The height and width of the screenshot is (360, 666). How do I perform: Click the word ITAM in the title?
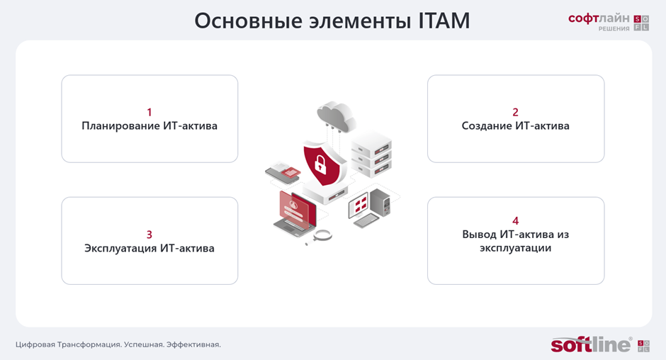coord(444,21)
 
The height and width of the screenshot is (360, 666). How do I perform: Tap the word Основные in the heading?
coord(249,21)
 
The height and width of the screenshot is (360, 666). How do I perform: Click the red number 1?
coord(149,112)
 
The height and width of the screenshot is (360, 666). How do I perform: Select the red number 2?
coord(515,112)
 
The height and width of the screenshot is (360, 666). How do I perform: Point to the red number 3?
coord(149,235)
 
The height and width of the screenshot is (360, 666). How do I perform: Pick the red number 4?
coord(515,220)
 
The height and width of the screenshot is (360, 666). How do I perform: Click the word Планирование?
coord(120,126)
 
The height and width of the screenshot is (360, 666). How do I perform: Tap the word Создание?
coord(487,126)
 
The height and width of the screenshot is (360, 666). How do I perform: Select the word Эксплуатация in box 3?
coord(120,248)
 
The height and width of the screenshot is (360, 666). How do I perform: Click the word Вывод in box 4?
coord(479,235)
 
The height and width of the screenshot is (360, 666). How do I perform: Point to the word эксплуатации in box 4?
coord(515,248)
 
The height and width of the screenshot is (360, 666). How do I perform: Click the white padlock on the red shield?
coord(320,164)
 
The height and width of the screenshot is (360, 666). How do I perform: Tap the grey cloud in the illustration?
coord(336,116)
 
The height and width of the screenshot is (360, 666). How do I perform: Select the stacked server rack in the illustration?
coord(371,154)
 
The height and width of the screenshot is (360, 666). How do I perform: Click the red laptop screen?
coord(298,208)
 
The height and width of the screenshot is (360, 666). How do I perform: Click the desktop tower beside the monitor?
coord(380,203)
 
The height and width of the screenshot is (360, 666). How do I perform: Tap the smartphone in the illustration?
coord(281,174)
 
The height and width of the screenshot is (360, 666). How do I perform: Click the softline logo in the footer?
coord(591,344)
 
